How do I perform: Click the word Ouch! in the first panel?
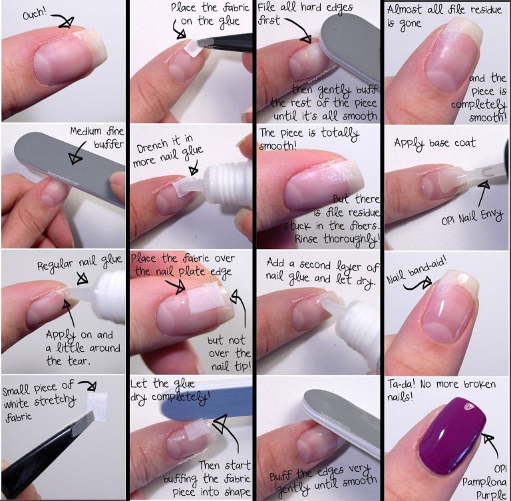click(35, 13)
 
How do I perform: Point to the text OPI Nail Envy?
click(472, 217)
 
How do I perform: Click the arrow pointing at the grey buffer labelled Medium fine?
click(77, 153)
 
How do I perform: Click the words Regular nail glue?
click(79, 262)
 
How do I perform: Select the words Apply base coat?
click(434, 144)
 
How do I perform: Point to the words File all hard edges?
click(305, 8)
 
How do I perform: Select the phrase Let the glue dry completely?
click(170, 390)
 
